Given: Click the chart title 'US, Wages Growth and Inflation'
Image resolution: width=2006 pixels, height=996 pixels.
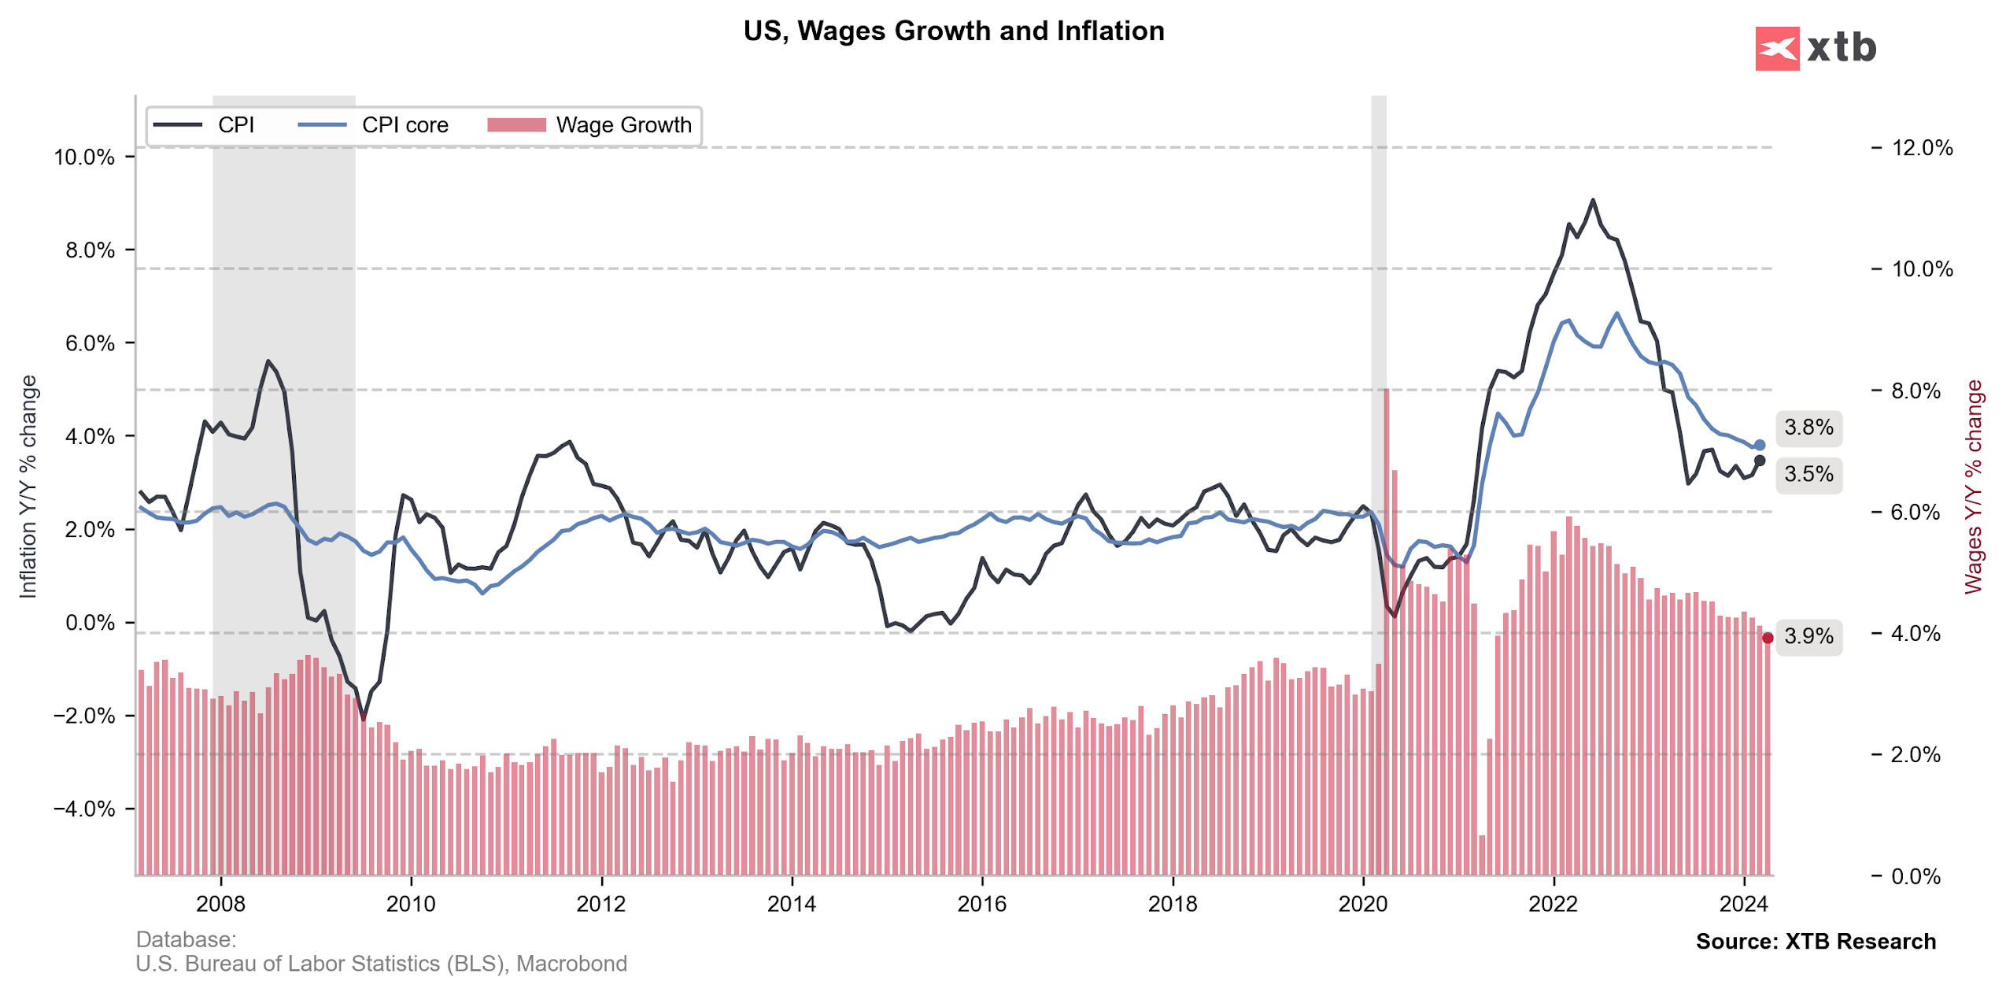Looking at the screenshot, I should [953, 31].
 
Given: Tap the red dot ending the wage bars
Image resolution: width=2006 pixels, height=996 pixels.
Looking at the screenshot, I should [1767, 638].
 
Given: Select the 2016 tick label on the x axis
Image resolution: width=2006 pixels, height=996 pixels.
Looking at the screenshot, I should [981, 903].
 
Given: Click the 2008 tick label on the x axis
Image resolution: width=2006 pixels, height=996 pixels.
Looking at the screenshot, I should [220, 903].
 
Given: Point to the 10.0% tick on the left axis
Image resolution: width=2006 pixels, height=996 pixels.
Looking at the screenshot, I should [83, 157].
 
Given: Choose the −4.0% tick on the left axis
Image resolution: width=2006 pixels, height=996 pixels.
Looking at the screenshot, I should [83, 809].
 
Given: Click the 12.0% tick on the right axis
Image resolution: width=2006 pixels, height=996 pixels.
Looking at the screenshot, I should [1921, 147].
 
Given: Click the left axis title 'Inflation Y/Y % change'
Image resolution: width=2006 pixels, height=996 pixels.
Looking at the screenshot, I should [28, 487].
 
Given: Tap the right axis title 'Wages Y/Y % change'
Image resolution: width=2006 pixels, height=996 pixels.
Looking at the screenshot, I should [1972, 487].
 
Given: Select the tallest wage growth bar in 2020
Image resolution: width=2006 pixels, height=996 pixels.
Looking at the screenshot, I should [1385, 630].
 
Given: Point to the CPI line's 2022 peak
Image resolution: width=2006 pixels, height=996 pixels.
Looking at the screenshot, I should [1592, 201].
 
